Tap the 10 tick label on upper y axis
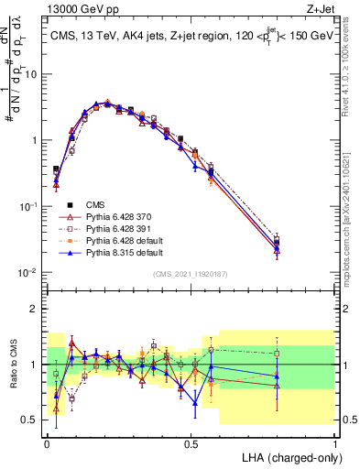33,74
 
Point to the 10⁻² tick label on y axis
29,273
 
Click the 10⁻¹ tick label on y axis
29,207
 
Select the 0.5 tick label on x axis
191,442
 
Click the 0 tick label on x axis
46,442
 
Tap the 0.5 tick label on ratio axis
31,420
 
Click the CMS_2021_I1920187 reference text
191,272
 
